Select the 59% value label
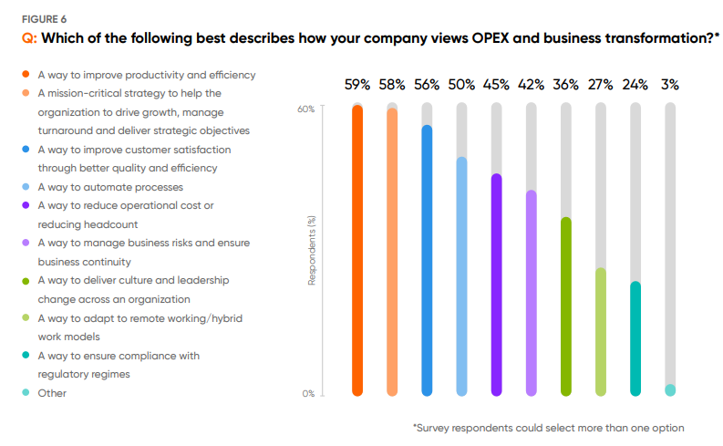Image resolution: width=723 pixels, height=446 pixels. tap(357, 85)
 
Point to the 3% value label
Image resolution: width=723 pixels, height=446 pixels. tap(670, 85)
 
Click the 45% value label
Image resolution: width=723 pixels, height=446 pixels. tap(496, 85)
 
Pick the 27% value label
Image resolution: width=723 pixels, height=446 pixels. tap(600, 85)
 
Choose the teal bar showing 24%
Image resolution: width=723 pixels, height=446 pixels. tap(635, 338)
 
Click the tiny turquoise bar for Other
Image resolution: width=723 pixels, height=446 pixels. tap(670, 390)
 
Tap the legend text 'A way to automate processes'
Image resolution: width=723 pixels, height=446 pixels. tap(109, 187)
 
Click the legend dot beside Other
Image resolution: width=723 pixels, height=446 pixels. tap(26, 393)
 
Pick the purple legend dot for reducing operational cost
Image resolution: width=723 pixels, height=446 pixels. tap(26, 206)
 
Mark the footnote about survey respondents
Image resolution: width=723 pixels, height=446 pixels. tap(548, 427)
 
